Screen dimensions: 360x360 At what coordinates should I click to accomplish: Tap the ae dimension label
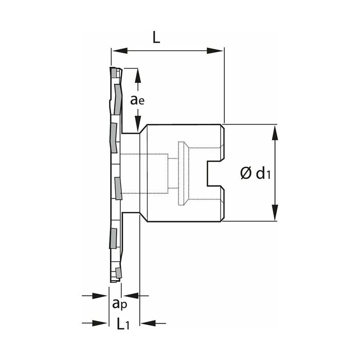coord(137,100)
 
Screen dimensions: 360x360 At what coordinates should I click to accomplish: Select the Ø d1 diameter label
coord(255,173)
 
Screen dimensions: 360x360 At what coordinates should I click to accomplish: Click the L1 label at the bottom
coord(123,323)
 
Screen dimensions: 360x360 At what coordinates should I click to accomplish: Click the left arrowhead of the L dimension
coord(120,51)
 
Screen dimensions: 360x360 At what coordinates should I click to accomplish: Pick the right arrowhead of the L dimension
coord(215,51)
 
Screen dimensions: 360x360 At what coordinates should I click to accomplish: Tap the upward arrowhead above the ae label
coord(138,76)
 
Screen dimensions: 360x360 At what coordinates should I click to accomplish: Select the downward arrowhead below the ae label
coord(138,124)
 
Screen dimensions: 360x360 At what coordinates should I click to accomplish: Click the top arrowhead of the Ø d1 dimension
coord(275,133)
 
